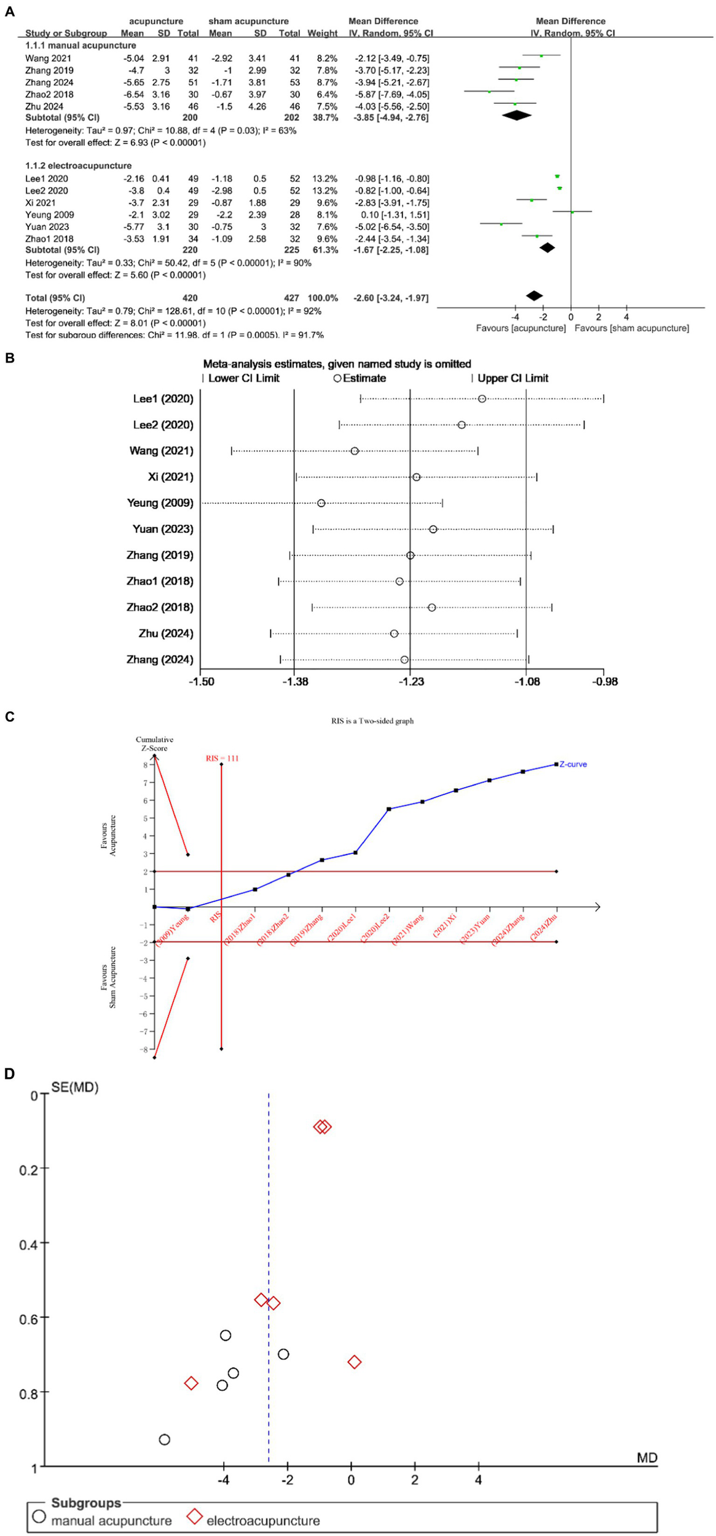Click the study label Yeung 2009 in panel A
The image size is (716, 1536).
(49, 215)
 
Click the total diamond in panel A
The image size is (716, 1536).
(534, 296)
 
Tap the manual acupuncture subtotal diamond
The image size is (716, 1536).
(516, 115)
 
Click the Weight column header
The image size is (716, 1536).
(322, 33)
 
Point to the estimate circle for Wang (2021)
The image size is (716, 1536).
(355, 451)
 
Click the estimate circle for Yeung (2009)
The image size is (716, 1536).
(321, 503)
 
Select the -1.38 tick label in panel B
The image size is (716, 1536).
(294, 681)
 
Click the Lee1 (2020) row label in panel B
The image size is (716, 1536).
(163, 399)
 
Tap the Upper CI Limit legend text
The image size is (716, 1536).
(513, 378)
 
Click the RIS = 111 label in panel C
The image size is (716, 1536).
(222, 758)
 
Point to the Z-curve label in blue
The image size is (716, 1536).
(573, 764)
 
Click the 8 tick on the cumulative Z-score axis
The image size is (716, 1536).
(146, 765)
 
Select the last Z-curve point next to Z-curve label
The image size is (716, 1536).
(556, 764)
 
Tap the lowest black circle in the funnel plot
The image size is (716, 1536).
(164, 1440)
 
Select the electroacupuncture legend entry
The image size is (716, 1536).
(262, 1521)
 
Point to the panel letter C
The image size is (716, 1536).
(9, 717)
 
